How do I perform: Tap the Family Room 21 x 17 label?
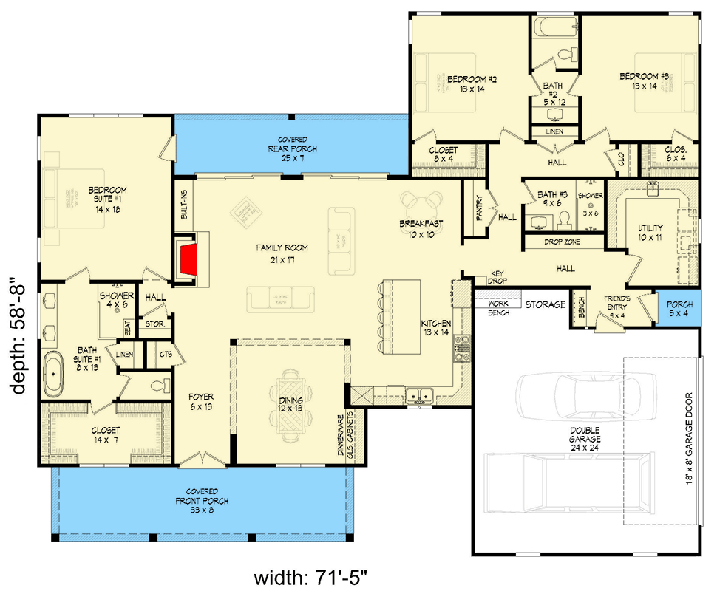[x=282, y=253]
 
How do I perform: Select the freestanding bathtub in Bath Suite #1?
[x=53, y=375]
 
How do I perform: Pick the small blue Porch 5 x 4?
[x=679, y=309]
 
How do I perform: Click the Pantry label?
[x=478, y=208]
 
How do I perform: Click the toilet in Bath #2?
[x=568, y=53]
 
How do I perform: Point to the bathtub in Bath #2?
[x=554, y=28]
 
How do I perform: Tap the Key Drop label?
[x=497, y=278]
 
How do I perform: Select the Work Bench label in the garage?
[x=498, y=307]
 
